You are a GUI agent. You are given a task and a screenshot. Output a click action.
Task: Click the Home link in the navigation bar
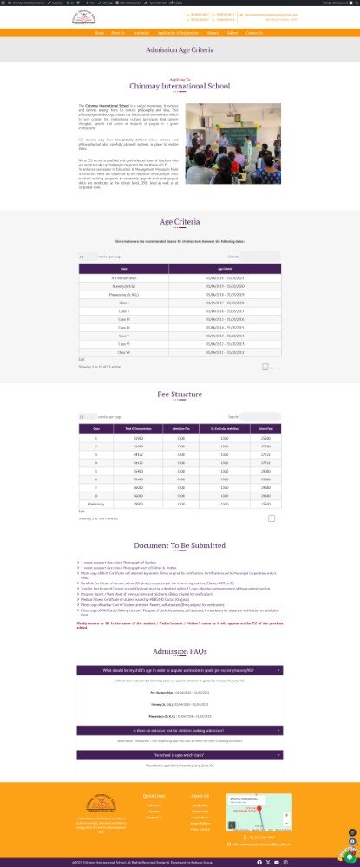[x=100, y=33]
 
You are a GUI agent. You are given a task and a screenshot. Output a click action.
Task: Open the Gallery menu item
[x=232, y=33]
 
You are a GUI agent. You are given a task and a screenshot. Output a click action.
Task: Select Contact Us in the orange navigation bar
[x=254, y=33]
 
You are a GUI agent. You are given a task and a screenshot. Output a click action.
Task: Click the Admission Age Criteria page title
[x=180, y=51]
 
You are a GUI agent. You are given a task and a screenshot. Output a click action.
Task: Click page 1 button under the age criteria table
[x=265, y=368]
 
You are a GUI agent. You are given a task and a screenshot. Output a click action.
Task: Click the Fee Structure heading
[x=180, y=394]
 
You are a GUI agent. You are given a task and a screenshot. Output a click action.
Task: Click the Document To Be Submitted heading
[x=180, y=546]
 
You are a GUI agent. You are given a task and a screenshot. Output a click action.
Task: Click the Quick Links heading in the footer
[x=154, y=795]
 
